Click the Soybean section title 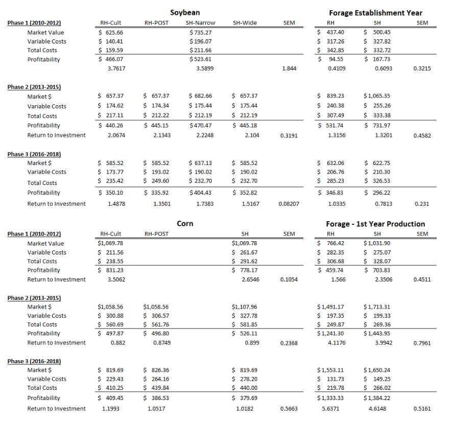tap(185, 12)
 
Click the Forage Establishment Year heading tap(375, 13)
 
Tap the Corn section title tap(185, 224)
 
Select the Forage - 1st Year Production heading tap(375, 224)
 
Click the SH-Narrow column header tap(200, 23)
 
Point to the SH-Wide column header tap(245, 23)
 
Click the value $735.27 tap(200, 32)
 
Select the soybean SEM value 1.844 tap(289, 68)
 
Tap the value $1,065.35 tap(377, 96)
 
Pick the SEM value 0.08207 tap(289, 204)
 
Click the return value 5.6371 tap(330, 409)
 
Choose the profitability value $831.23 tap(111, 270)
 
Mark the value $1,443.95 tap(377, 334)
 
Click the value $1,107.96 tap(244, 307)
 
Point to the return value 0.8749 tap(162, 343)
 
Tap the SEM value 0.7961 tap(422, 343)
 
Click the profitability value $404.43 tap(200, 193)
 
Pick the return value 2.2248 tap(205, 135)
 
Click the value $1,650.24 tap(377, 370)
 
